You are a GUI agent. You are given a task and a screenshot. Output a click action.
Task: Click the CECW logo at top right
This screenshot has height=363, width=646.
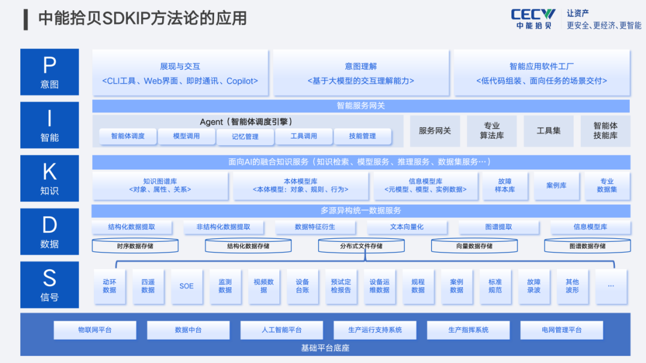tap(533, 19)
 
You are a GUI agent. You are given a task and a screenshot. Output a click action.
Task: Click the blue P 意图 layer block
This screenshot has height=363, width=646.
tap(50, 72)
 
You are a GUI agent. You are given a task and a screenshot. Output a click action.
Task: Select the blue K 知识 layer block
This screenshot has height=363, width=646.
tap(50, 179)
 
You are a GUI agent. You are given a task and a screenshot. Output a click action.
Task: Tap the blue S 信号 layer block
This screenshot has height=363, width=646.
tap(50, 285)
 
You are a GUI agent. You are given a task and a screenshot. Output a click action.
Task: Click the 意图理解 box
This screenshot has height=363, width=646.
tap(361, 73)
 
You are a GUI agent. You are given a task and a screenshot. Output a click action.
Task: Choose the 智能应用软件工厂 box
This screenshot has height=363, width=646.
tap(542, 73)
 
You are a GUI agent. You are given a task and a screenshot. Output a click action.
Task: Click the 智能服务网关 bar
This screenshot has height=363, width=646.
tap(361, 106)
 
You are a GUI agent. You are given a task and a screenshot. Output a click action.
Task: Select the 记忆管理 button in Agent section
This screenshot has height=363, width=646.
tap(245, 137)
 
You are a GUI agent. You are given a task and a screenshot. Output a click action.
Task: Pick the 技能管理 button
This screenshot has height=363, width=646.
tap(362, 136)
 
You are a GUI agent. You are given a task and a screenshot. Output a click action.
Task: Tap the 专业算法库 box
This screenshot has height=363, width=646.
tap(492, 131)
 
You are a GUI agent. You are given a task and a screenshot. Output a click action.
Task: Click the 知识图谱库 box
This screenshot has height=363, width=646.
tap(160, 186)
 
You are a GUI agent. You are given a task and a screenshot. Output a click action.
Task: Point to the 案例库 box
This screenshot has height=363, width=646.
tap(556, 186)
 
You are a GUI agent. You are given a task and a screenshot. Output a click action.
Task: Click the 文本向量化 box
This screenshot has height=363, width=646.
tap(407, 227)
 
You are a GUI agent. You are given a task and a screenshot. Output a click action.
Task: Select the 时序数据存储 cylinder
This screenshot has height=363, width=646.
tap(135, 246)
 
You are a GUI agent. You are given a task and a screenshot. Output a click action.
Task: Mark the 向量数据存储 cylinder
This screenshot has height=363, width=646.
tap(474, 246)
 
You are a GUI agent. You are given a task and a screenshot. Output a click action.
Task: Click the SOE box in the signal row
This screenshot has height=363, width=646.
tap(186, 286)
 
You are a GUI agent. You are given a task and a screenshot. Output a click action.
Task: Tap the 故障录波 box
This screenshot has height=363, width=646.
tap(534, 286)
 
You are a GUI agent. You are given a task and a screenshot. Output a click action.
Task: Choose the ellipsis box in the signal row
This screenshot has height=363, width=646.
tap(611, 286)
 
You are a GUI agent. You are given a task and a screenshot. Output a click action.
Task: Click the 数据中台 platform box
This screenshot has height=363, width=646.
tap(188, 330)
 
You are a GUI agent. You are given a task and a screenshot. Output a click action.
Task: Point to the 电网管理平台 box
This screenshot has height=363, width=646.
tap(562, 330)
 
